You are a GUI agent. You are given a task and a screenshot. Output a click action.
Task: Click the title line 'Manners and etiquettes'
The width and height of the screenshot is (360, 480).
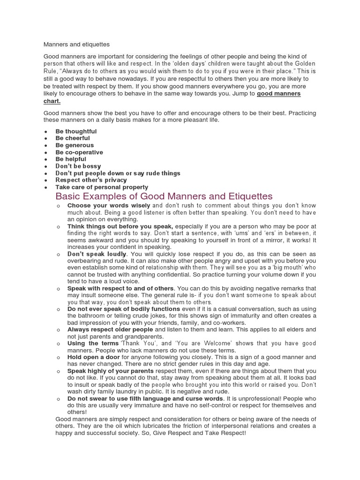pyautogui.click(x=76, y=45)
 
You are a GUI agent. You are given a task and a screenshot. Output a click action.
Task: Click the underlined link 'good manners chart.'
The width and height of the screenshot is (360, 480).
pyautogui.click(x=278, y=94)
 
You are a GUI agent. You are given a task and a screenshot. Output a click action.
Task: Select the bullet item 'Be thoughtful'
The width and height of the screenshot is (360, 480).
pyautogui.click(x=76, y=131)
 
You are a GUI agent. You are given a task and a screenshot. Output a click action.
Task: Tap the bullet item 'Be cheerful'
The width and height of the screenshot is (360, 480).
pyautogui.click(x=73, y=138)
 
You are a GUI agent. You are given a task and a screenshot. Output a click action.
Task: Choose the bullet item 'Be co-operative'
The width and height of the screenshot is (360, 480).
pyautogui.click(x=79, y=152)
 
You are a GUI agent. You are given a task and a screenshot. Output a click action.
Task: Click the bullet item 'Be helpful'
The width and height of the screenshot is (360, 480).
pyautogui.click(x=71, y=159)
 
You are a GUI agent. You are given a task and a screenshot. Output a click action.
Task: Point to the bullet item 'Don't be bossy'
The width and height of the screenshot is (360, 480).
pyautogui.click(x=78, y=166)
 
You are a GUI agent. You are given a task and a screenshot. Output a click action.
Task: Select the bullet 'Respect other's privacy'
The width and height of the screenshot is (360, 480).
pyautogui.click(x=91, y=180)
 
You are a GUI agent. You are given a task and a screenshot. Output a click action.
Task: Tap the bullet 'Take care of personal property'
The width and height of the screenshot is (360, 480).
pyautogui.click(x=102, y=187)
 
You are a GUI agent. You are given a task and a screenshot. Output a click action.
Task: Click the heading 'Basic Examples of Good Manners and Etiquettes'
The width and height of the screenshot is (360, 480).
pyautogui.click(x=164, y=196)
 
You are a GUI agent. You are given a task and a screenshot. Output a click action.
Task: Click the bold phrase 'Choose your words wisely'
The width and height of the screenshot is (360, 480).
pyautogui.click(x=109, y=206)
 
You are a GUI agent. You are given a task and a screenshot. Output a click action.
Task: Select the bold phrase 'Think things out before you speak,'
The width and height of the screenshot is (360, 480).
pyautogui.click(x=120, y=226)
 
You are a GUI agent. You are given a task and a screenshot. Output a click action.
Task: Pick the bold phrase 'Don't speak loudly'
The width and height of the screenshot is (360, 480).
pyautogui.click(x=97, y=254)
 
